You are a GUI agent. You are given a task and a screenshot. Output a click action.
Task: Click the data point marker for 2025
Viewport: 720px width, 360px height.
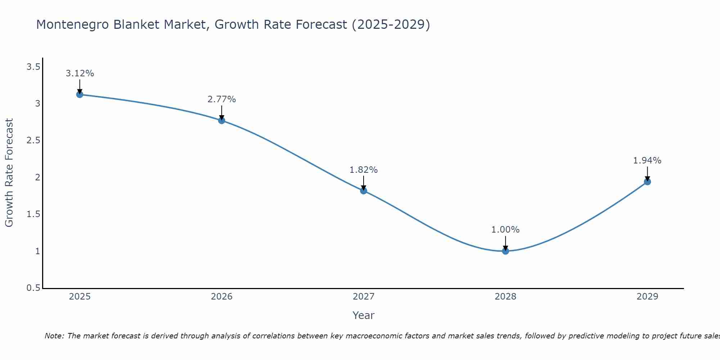tap(80, 95)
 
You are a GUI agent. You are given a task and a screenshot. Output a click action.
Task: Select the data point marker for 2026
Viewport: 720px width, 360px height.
tap(222, 120)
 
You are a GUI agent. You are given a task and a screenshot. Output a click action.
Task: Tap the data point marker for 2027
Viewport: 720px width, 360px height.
tap(364, 190)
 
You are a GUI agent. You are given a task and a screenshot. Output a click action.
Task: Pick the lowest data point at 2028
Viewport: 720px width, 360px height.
tap(505, 251)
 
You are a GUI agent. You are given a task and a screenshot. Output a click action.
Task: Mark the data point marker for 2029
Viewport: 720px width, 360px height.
tap(647, 182)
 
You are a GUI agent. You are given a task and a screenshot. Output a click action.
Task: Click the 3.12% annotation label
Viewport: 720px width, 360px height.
tap(80, 73)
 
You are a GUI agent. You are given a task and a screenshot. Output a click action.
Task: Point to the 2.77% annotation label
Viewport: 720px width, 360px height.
tap(222, 99)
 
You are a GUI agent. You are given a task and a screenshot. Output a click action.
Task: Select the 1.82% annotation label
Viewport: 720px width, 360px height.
tap(364, 170)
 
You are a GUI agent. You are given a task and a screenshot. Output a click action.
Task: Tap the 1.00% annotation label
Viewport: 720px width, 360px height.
tap(505, 230)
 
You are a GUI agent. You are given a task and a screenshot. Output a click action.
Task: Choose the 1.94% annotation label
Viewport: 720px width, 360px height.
tap(647, 161)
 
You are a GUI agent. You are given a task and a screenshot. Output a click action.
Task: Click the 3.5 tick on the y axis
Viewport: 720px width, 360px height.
tap(33, 67)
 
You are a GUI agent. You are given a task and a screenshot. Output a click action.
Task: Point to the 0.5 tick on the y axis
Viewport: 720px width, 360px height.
tap(33, 288)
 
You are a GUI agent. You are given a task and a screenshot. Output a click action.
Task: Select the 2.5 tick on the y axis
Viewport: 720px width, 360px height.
tap(33, 141)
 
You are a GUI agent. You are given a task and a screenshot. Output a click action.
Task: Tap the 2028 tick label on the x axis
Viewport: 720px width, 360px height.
tap(505, 297)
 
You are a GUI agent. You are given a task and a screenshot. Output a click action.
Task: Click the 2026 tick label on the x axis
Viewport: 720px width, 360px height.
tap(222, 297)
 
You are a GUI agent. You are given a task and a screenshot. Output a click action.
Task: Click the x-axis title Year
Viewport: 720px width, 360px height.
tap(364, 315)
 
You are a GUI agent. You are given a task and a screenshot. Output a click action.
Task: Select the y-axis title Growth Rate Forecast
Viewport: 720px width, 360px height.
tap(9, 173)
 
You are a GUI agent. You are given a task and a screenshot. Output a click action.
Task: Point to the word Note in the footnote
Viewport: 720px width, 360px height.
tap(54, 336)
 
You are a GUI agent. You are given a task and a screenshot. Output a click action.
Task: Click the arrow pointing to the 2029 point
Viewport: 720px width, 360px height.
tap(647, 174)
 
